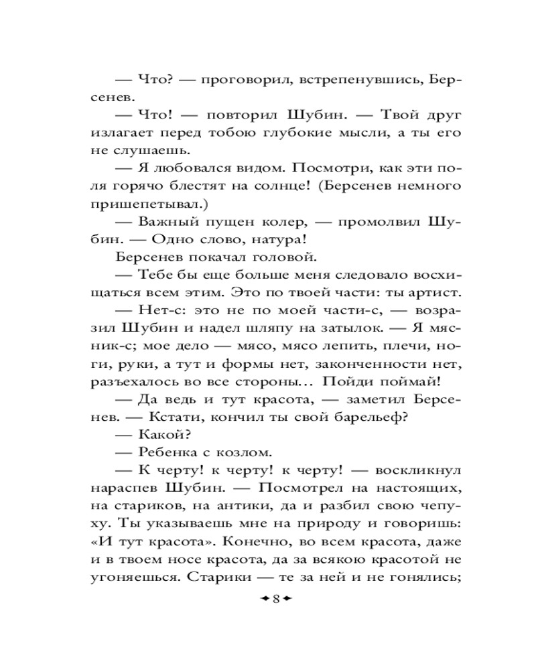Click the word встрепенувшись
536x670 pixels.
(360, 80)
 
